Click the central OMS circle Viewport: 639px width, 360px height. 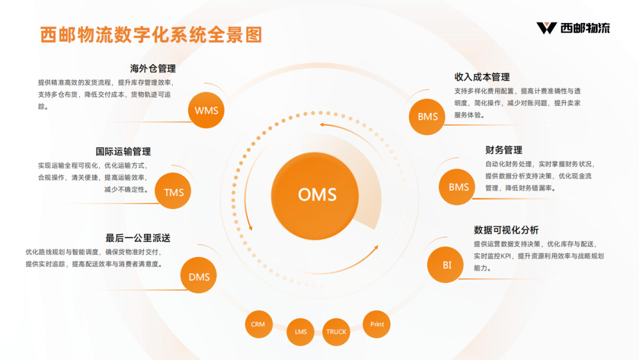click(x=317, y=194)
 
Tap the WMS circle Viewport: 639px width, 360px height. click(x=206, y=110)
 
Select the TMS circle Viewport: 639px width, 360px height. click(x=174, y=192)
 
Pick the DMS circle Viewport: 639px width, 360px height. click(x=199, y=277)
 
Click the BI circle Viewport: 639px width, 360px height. click(x=447, y=265)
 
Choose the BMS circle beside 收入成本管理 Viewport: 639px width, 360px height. click(x=428, y=116)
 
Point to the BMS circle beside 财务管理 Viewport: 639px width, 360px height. click(x=459, y=187)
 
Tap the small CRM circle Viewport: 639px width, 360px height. click(x=258, y=324)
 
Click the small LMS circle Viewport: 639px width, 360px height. click(x=301, y=332)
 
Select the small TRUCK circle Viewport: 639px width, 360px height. click(x=336, y=332)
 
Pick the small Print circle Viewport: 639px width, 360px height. click(x=377, y=324)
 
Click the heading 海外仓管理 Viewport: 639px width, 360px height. click(x=153, y=69)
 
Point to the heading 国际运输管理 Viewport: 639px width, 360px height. click(x=123, y=152)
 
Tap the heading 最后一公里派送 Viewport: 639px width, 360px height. click(x=138, y=238)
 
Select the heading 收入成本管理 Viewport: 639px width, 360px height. click(x=482, y=77)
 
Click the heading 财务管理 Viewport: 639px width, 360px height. click(x=504, y=150)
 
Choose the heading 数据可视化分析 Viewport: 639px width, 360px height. click(x=506, y=230)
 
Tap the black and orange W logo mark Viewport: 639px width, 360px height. click(x=546, y=28)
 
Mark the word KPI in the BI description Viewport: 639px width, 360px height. click(x=507, y=256)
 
